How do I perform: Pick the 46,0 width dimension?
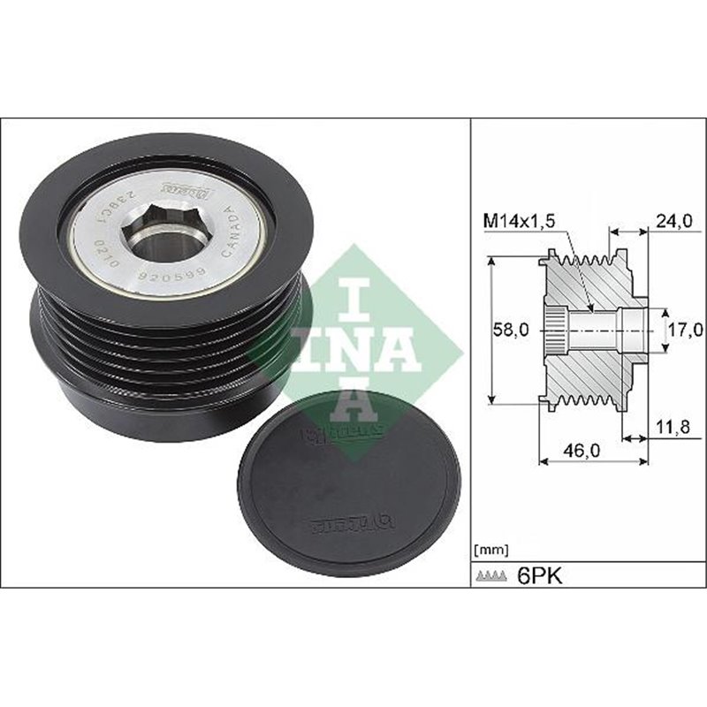582,450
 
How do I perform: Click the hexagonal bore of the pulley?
156,231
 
